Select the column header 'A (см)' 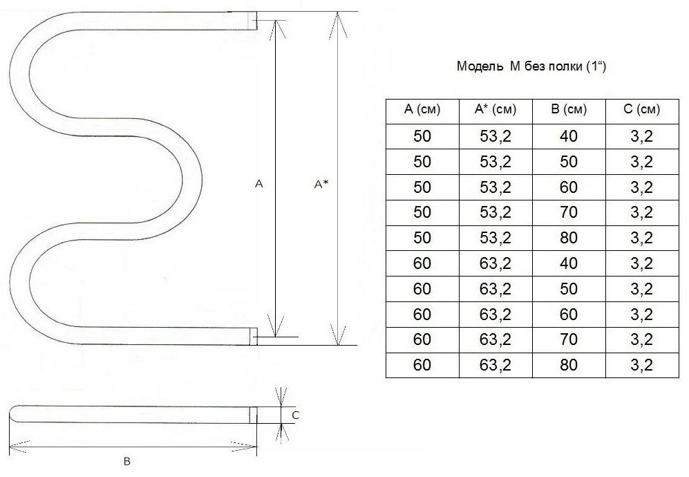tap(422, 109)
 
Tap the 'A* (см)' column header tap(495, 109)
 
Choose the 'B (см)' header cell tap(569, 109)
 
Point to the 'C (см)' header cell tap(641, 109)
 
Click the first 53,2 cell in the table tap(495, 136)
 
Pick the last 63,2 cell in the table tap(495, 365)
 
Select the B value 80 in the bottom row tap(569, 365)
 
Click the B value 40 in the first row tap(569, 136)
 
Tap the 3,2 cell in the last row tap(641, 365)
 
